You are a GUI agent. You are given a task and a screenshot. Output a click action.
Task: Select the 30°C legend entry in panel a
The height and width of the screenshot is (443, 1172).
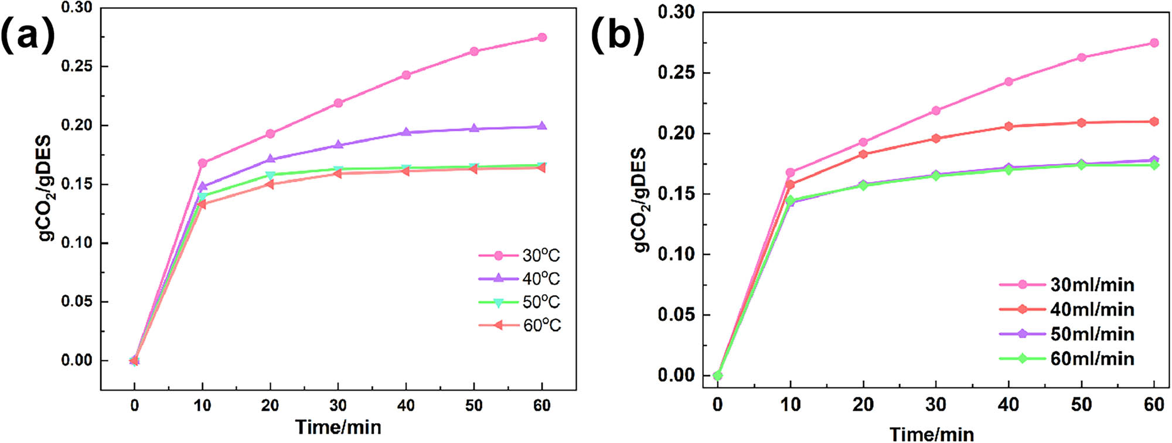[x=520, y=255]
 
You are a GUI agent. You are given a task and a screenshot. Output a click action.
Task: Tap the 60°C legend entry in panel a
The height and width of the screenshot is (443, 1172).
[x=520, y=325]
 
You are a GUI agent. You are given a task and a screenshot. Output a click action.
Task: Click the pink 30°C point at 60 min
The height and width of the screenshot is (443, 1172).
[x=542, y=38]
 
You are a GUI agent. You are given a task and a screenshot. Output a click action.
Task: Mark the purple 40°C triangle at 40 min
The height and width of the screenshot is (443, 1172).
[x=406, y=132]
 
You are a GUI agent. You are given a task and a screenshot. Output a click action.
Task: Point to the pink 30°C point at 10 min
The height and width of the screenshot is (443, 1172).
[x=203, y=163]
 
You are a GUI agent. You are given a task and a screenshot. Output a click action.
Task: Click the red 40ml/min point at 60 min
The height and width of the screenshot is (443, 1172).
[x=1154, y=121]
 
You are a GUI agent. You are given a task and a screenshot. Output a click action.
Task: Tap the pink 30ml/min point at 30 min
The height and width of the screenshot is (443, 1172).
[x=936, y=111]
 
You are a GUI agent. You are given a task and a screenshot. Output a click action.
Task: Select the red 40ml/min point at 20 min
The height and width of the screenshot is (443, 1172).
[x=863, y=154]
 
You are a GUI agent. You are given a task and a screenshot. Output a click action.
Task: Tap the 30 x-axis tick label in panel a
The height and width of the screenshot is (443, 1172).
[x=338, y=405]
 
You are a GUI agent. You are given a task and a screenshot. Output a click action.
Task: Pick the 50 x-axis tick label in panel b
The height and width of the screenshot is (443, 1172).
[x=1082, y=404]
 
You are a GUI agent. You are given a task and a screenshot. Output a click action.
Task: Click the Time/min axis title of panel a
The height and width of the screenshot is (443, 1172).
[x=338, y=427]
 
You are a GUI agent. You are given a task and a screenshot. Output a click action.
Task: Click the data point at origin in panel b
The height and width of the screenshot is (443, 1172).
[x=718, y=376]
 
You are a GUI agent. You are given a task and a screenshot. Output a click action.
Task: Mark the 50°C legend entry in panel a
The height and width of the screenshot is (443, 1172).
[x=520, y=302]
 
